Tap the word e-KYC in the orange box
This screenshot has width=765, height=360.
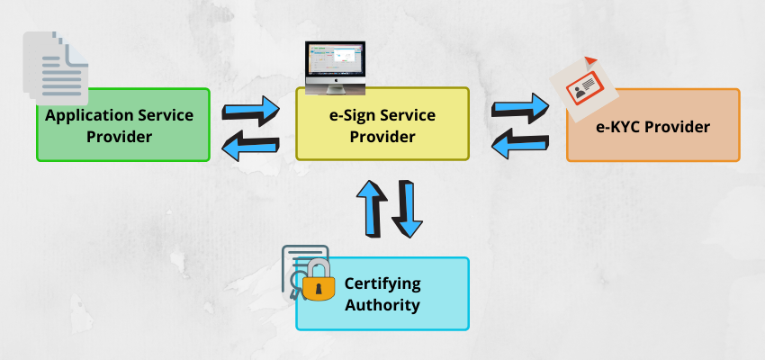pyautogui.click(x=619, y=127)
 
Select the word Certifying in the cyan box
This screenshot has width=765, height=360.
pyautogui.click(x=382, y=283)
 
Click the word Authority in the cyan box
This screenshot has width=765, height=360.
pyautogui.click(x=382, y=305)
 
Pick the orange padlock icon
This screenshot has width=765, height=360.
pyautogui.click(x=317, y=281)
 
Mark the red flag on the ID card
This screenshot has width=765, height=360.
pyautogui.click(x=590, y=61)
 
